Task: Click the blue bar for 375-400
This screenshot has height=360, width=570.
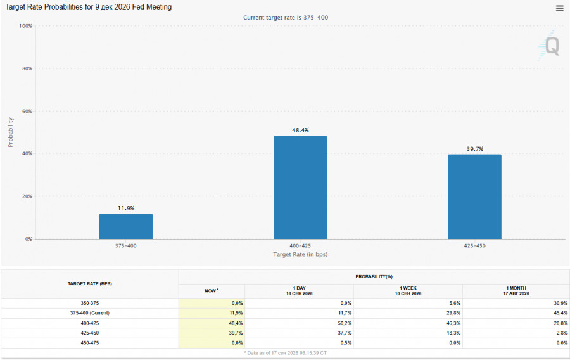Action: pyautogui.click(x=126, y=226)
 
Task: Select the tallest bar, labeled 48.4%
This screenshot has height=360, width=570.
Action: pyautogui.click(x=300, y=187)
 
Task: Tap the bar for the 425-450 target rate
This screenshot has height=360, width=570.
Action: pyautogui.click(x=475, y=196)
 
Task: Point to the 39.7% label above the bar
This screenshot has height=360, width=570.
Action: pyautogui.click(x=475, y=149)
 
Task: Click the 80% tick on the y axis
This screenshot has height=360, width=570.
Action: pyautogui.click(x=27, y=68)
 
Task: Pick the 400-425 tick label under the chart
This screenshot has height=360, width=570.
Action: pyautogui.click(x=300, y=246)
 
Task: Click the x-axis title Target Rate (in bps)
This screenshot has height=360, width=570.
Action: pyautogui.click(x=300, y=254)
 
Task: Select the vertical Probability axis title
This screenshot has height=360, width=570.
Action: pyautogui.click(x=11, y=132)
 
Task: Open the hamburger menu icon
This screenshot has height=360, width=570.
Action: pyautogui.click(x=559, y=8)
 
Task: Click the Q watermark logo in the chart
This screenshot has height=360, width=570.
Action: pyautogui.click(x=549, y=46)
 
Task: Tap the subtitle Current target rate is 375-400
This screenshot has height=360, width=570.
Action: pyautogui.click(x=286, y=18)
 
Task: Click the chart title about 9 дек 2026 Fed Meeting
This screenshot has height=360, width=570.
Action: pyautogui.click(x=88, y=7)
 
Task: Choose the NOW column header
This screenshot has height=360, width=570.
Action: pyautogui.click(x=212, y=290)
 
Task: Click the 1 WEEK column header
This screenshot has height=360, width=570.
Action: pyautogui.click(x=408, y=290)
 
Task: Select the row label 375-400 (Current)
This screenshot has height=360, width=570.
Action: pyautogui.click(x=89, y=312)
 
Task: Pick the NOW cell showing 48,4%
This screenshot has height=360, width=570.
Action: pyautogui.click(x=236, y=323)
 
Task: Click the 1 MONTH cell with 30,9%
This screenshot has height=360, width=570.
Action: pyautogui.click(x=560, y=303)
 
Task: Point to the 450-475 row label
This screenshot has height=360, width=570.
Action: pyautogui.click(x=89, y=342)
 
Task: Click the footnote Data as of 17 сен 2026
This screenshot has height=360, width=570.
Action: pyautogui.click(x=286, y=353)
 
